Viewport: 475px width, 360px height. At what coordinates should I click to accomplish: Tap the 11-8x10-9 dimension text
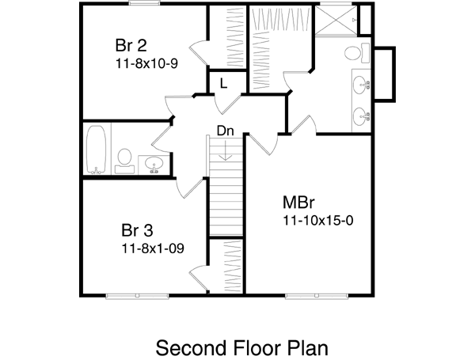click(x=146, y=63)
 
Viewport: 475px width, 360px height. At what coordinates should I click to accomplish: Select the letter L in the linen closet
click(x=224, y=82)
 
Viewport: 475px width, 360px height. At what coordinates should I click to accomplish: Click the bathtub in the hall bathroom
click(x=97, y=149)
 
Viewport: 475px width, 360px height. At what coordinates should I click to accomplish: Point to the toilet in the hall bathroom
click(x=125, y=159)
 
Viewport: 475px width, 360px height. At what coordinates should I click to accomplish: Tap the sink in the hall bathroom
click(x=154, y=164)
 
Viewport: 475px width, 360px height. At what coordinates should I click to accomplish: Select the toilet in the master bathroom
click(x=357, y=54)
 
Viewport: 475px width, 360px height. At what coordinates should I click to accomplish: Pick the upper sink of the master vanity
click(x=363, y=83)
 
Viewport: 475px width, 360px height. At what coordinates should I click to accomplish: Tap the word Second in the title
click(x=190, y=347)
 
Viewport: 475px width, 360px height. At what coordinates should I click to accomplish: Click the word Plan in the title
click(x=304, y=347)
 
